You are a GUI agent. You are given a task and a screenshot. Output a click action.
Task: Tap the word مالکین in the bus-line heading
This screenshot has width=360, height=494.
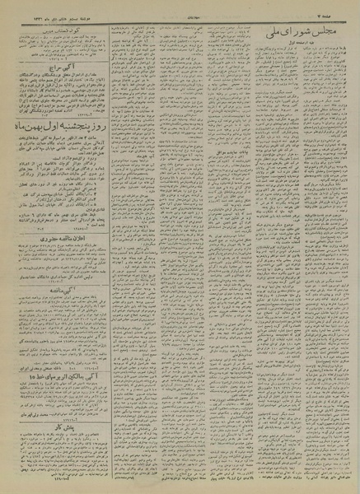tap(67, 377)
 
